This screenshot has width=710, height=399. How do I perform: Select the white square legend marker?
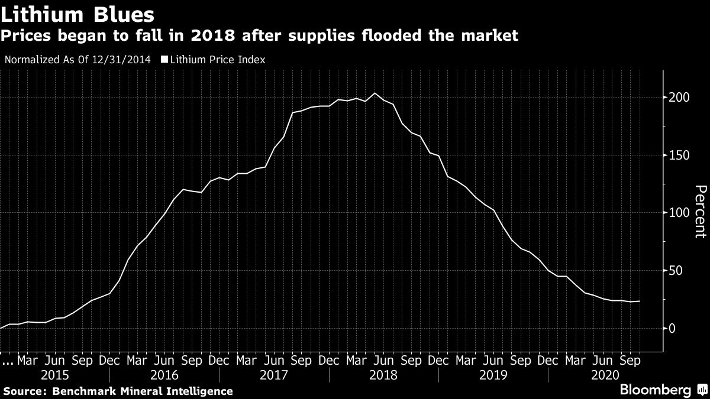(164, 59)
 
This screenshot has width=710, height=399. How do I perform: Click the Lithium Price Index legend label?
(217, 59)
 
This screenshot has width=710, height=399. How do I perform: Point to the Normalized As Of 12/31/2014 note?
(77, 59)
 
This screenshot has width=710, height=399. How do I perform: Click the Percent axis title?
(700, 212)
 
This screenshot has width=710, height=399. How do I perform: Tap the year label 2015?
(54, 375)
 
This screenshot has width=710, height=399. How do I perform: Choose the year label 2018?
(384, 375)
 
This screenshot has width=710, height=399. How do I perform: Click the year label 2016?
(164, 375)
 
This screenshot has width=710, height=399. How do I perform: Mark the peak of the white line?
(375, 93)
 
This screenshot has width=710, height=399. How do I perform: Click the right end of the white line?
(639, 301)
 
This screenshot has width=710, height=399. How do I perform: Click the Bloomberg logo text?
(655, 390)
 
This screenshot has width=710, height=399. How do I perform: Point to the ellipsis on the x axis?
(7, 361)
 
